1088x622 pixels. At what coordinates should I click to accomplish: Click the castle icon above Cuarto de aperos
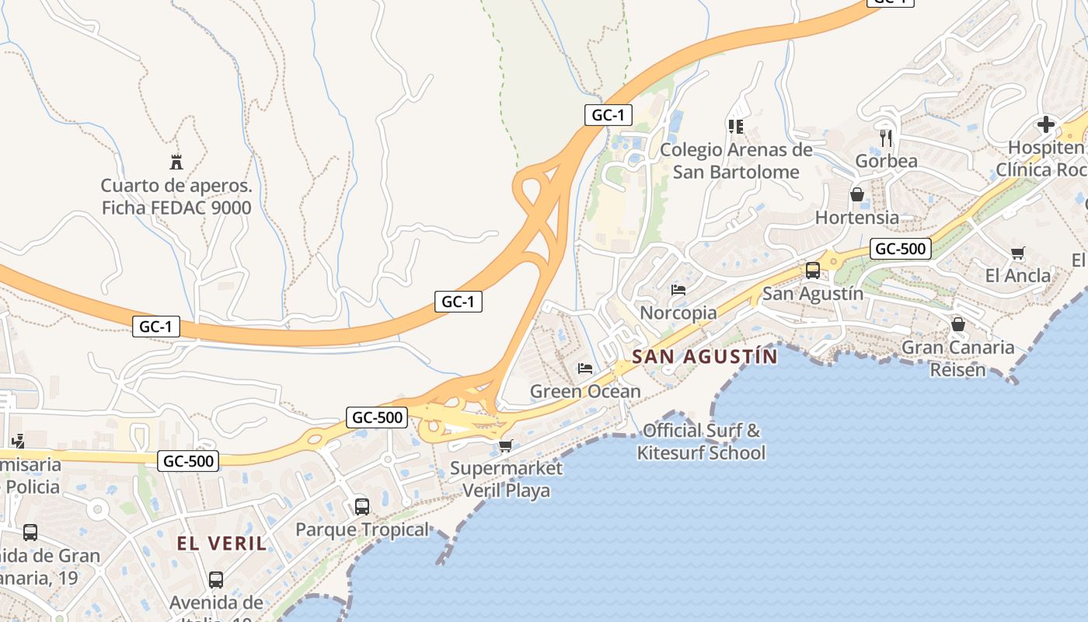pyautogui.click(x=176, y=162)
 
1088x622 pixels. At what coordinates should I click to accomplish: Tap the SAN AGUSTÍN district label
pyautogui.click(x=704, y=357)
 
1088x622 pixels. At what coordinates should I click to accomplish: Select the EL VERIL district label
pyautogui.click(x=221, y=543)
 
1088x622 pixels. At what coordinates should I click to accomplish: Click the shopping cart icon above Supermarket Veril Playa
pyautogui.click(x=505, y=446)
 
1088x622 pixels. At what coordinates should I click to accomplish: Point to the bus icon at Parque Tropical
pyautogui.click(x=361, y=506)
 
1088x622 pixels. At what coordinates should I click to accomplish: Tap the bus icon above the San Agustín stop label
pyautogui.click(x=812, y=271)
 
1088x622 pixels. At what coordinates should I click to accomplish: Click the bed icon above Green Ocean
pyautogui.click(x=585, y=368)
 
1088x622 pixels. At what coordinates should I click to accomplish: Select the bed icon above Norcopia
pyautogui.click(x=678, y=290)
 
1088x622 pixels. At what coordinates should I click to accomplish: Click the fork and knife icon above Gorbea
pyautogui.click(x=886, y=138)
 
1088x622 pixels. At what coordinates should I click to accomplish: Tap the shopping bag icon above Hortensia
pyautogui.click(x=856, y=194)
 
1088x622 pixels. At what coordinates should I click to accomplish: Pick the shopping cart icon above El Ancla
pyautogui.click(x=1017, y=253)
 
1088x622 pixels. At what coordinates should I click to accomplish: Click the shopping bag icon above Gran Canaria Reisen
pyautogui.click(x=957, y=323)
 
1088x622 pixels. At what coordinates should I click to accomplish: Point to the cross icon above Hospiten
pyautogui.click(x=1046, y=124)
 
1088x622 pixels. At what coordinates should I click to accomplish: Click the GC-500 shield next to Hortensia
pyautogui.click(x=900, y=249)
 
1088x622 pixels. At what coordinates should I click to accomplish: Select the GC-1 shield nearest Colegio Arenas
pyautogui.click(x=608, y=115)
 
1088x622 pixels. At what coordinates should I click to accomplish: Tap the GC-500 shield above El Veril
pyautogui.click(x=189, y=461)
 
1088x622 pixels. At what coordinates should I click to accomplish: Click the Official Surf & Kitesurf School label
pyautogui.click(x=701, y=442)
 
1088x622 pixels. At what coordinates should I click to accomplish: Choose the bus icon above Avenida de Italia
pyautogui.click(x=215, y=579)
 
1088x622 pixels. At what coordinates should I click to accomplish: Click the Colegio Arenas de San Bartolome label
pyautogui.click(x=736, y=161)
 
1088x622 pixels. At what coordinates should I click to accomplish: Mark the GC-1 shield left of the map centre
pyautogui.click(x=458, y=302)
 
